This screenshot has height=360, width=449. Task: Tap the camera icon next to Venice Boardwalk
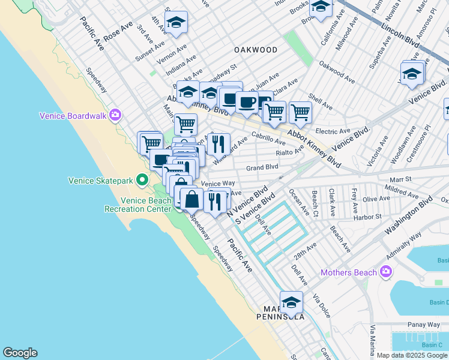[x=115, y=116]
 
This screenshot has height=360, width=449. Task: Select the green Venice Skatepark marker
[x=142, y=179]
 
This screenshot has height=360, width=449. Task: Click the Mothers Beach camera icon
[x=386, y=272]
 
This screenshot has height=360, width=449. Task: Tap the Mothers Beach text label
[x=349, y=273]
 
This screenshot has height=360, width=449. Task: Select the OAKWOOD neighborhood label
[x=256, y=50]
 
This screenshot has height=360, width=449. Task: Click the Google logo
[x=20, y=353]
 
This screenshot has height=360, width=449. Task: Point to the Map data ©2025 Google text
[x=412, y=355]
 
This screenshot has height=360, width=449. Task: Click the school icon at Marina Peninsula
[x=291, y=303]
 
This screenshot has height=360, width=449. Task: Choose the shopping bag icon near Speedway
[x=191, y=199]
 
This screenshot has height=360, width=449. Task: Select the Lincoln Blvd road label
[x=401, y=34]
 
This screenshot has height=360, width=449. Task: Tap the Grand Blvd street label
[x=262, y=167]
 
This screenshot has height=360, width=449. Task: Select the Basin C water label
[x=431, y=344]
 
